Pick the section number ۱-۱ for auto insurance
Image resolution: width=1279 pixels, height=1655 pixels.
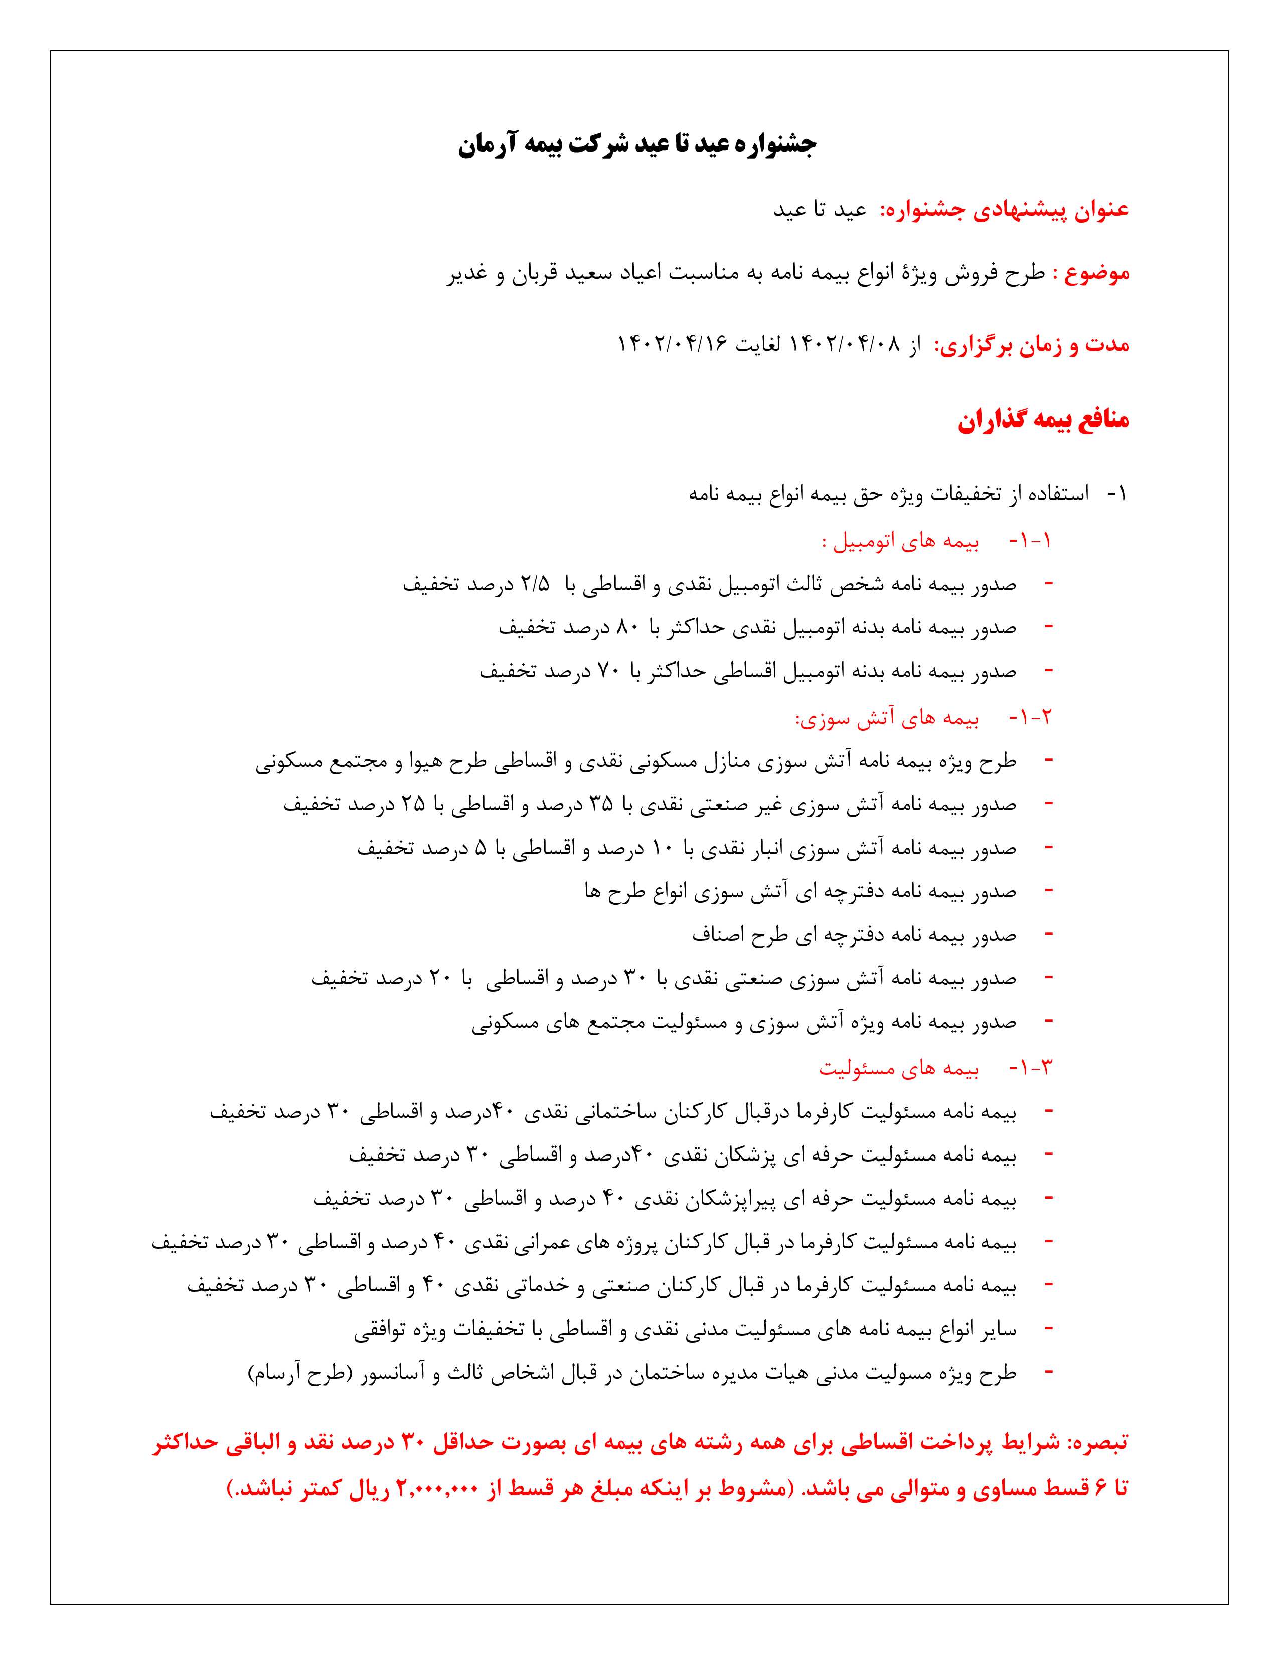coord(1031,541)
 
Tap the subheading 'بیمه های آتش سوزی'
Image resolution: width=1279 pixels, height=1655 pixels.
coord(887,718)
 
